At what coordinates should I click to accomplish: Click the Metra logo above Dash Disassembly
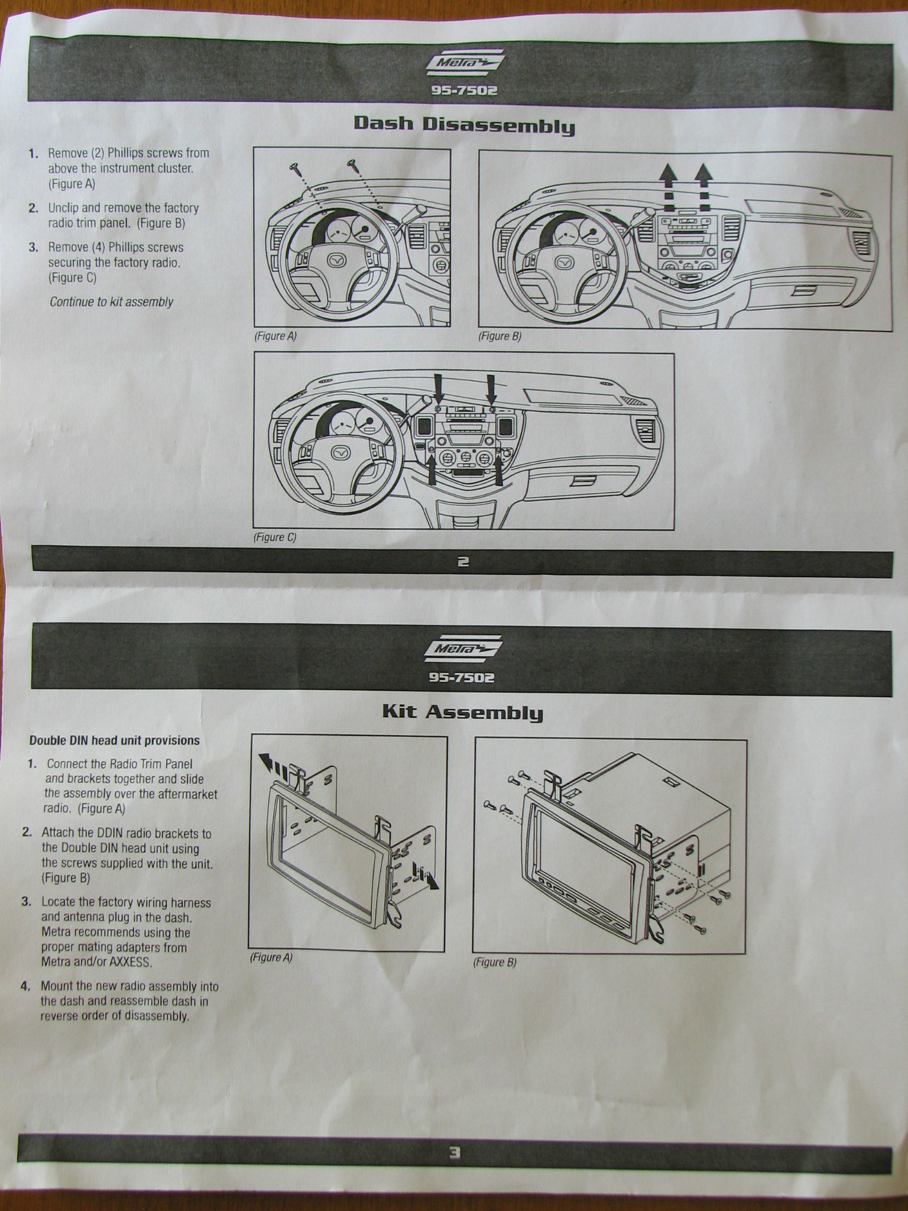[x=464, y=64]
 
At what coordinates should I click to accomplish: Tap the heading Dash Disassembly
[x=464, y=125]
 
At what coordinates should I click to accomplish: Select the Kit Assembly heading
[x=462, y=711]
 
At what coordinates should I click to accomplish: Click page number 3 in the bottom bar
[x=454, y=1152]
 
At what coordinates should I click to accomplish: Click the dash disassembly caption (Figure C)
[x=274, y=537]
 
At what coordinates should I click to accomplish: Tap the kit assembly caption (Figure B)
[x=494, y=962]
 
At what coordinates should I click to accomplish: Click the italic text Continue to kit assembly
[x=111, y=302]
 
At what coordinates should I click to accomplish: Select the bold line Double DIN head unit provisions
[x=115, y=740]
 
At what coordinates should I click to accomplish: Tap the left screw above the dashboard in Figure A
[x=294, y=168]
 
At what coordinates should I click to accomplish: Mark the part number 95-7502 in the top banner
[x=463, y=91]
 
